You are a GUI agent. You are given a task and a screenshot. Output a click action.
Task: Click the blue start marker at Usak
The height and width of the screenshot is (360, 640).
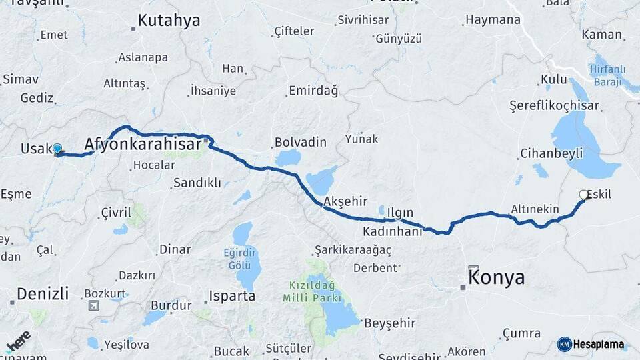[x=57, y=149]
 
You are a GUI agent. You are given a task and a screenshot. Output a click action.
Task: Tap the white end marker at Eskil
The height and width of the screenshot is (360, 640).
[x=584, y=195]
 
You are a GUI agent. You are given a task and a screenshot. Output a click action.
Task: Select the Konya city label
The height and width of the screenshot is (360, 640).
[x=497, y=277]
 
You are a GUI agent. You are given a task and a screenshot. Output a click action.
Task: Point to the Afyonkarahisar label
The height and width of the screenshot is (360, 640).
[x=143, y=145]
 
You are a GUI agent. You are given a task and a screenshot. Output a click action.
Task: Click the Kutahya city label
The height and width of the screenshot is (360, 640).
[x=169, y=21]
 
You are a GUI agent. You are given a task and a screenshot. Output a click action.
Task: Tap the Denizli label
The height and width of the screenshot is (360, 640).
[x=43, y=293]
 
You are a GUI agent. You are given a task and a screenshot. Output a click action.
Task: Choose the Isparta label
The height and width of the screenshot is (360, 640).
[x=232, y=295]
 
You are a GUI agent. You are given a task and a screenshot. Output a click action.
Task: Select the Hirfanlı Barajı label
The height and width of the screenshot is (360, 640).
[x=605, y=75]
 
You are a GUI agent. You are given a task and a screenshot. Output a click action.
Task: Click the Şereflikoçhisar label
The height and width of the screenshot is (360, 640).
[x=554, y=105]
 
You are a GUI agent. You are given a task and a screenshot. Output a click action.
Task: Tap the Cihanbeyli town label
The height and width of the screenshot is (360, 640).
[x=551, y=153]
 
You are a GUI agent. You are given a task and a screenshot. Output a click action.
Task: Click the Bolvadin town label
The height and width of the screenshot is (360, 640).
[x=301, y=142]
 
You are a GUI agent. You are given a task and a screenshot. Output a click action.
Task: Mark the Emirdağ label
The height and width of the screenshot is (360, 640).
[x=313, y=90]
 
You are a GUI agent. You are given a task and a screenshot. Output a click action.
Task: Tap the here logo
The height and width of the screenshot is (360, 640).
[x=18, y=341]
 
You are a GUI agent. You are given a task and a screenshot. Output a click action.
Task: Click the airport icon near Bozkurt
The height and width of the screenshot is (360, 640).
[x=93, y=306]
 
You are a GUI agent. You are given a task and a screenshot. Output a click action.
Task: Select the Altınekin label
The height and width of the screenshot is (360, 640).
[x=535, y=209]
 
